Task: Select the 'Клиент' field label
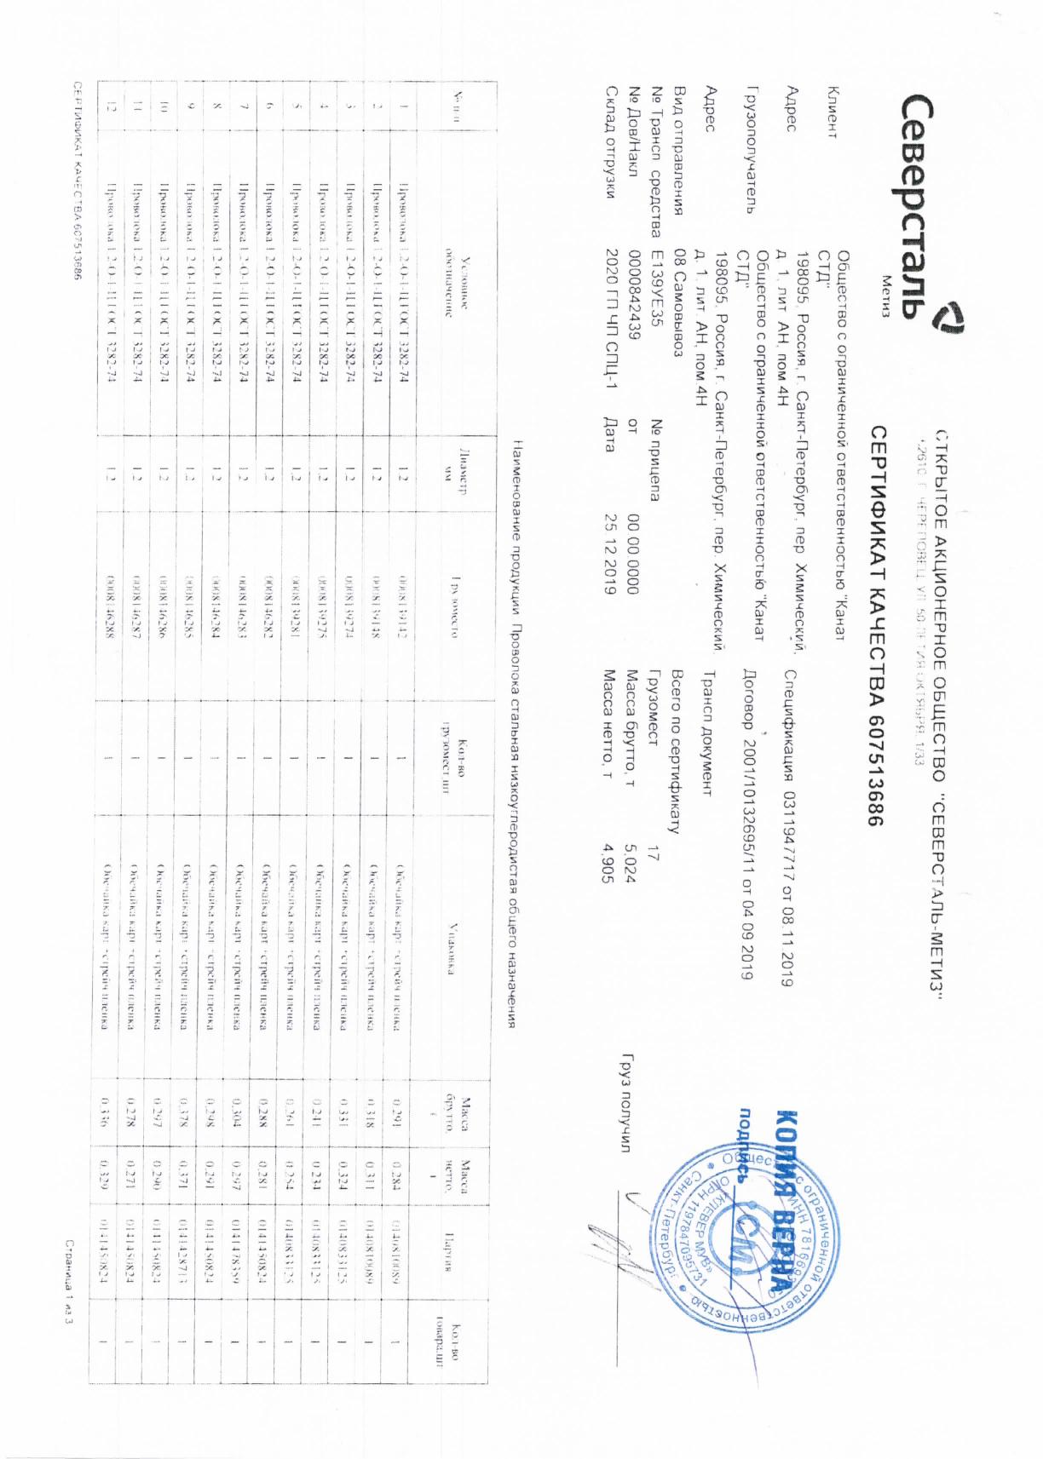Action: (832, 112)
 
